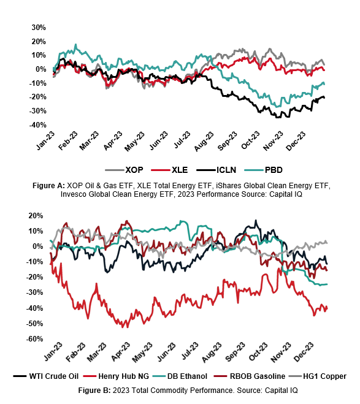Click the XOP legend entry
[124, 170]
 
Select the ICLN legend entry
[216, 170]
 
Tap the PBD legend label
[274, 170]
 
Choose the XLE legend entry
[169, 170]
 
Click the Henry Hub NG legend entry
[117, 376]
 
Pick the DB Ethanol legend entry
[180, 376]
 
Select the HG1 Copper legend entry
[318, 376]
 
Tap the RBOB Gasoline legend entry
[250, 376]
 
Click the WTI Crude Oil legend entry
[46, 376]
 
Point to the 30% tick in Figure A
[39, 28]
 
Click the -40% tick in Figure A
[37, 125]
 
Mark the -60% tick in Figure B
[34, 339]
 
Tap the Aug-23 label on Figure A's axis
[204, 142]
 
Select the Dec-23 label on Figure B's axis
[304, 353]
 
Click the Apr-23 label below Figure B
[121, 352]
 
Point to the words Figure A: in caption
[48, 186]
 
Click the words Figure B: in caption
[94, 391]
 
